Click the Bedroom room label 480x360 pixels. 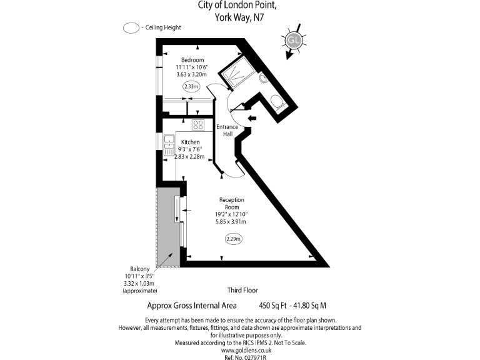192,60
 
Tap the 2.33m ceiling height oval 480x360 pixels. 191,87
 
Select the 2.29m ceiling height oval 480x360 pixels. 234,239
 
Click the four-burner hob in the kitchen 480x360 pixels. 198,125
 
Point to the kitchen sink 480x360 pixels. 169,145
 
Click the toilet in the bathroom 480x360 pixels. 277,102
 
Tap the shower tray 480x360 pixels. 238,72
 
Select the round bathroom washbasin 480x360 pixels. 264,77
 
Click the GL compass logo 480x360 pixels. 294,40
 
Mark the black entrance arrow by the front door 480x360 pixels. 252,118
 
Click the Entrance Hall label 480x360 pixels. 227,131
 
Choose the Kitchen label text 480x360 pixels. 191,142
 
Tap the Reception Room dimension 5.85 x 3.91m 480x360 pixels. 231,222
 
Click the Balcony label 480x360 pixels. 140,269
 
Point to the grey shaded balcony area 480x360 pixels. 167,227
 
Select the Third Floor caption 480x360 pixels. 242,290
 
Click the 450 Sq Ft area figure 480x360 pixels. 272,306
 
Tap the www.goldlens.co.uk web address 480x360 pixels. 246,350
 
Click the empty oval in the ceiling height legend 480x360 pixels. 131,28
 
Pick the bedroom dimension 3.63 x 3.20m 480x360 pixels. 192,74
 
